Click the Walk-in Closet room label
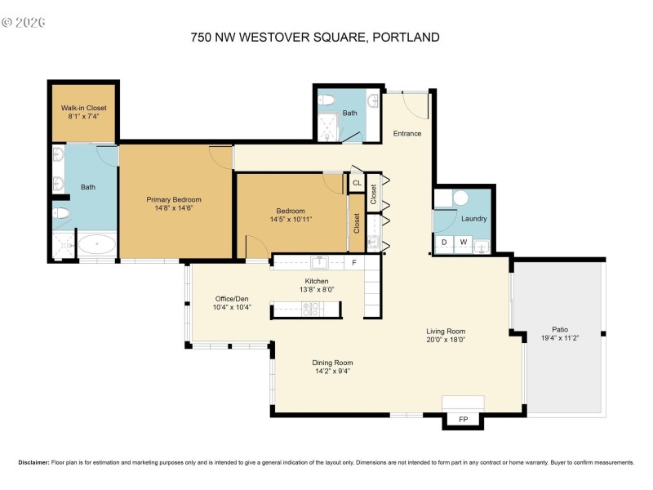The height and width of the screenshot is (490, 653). [83, 108]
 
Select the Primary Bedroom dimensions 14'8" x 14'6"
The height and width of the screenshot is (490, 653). [174, 208]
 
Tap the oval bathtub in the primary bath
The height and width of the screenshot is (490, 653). [96, 244]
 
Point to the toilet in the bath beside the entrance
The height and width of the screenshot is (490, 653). [327, 100]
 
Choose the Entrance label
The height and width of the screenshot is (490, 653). [407, 133]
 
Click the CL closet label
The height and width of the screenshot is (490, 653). [356, 184]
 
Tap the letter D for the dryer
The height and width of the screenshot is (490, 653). [444, 242]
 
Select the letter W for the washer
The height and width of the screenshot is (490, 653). [462, 242]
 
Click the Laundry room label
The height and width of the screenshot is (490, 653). [473, 219]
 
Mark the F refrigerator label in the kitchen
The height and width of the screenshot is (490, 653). [353, 263]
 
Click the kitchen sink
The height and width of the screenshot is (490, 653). [319, 262]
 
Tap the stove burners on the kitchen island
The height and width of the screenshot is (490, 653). [311, 309]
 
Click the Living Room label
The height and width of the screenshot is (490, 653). [446, 331]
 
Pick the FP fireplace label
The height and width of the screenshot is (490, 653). [463, 420]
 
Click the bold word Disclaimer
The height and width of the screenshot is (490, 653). [33, 462]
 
